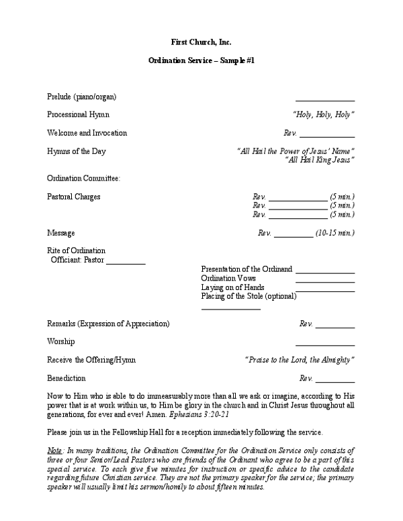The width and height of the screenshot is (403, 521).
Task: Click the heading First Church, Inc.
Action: pyautogui.click(x=201, y=42)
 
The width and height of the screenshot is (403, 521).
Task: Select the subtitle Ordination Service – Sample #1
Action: pyautogui.click(x=201, y=60)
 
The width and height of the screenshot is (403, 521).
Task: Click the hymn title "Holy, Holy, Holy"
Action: pyautogui.click(x=324, y=115)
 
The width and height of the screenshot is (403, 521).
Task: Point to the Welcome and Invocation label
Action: pyautogui.click(x=87, y=133)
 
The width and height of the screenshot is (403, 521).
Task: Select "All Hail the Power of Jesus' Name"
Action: pyautogui.click(x=296, y=151)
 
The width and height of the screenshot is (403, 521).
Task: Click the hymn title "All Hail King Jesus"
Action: pyautogui.click(x=320, y=160)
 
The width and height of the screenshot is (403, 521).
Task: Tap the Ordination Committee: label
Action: pyautogui.click(x=83, y=179)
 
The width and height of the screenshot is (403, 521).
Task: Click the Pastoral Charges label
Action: pyautogui.click(x=74, y=197)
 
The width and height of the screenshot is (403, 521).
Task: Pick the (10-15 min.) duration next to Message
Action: pyautogui.click(x=334, y=233)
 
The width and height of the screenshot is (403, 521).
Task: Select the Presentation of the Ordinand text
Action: pyautogui.click(x=247, y=269)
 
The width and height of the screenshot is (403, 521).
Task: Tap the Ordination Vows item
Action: pyautogui.click(x=228, y=278)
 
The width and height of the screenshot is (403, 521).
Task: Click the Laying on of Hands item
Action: pyautogui.click(x=232, y=287)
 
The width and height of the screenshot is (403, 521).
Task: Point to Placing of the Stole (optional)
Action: pyautogui.click(x=249, y=296)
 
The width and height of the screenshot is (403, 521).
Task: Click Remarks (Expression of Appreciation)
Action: pyautogui.click(x=108, y=324)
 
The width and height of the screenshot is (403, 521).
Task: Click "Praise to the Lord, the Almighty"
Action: pyautogui.click(x=300, y=360)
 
